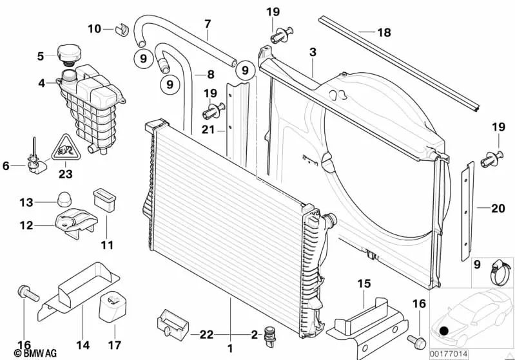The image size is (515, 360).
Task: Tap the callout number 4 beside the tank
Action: pyautogui.click(x=41, y=82)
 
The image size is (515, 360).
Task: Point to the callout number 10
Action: pyautogui.click(x=94, y=28)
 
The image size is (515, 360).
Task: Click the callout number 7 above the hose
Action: pyautogui.click(x=208, y=24)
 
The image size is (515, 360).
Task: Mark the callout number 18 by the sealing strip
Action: pyautogui.click(x=384, y=32)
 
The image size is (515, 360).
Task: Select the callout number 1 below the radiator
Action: pyautogui.click(x=229, y=348)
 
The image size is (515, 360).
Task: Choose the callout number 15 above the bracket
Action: pyautogui.click(x=364, y=283)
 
